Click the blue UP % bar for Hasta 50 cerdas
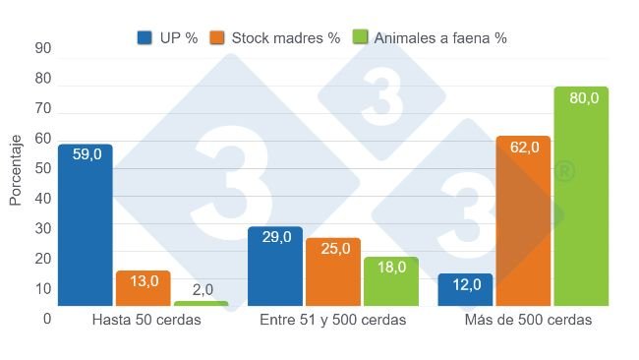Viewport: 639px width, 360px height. pos(86,226)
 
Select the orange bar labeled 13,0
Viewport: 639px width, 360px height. pos(143,288)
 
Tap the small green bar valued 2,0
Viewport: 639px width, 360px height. pos(201,304)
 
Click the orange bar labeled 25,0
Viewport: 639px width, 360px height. pos(333,272)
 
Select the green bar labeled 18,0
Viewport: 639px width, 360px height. pos(391,281)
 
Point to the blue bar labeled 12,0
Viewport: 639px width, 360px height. pos(465,290)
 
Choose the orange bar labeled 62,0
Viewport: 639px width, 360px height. pos(523,221)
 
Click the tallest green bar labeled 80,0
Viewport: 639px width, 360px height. pos(581,197)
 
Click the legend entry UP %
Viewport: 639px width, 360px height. pos(168,38)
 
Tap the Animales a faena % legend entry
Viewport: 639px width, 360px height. pos(430,38)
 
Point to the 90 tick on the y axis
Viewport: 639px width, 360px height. pos(43,48)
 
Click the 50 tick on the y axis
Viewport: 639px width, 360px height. pos(43,168)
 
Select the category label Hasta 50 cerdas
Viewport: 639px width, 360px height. pos(146,321)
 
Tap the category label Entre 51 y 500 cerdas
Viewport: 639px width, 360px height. pos(333,321)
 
